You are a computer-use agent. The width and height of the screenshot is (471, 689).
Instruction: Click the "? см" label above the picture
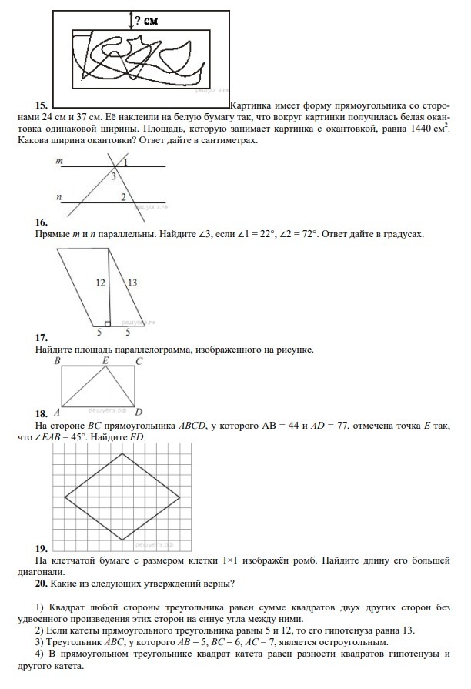click(146, 21)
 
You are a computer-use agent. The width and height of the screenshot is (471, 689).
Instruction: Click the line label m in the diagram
click(59, 162)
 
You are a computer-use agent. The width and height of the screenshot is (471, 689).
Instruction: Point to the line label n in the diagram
click(59, 197)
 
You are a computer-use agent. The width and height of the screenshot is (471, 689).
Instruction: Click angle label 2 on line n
click(122, 198)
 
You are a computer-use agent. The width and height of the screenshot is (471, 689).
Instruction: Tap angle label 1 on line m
click(125, 163)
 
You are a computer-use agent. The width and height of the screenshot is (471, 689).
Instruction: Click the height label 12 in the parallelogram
click(100, 283)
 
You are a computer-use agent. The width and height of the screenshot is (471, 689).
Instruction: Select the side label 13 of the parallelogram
click(132, 283)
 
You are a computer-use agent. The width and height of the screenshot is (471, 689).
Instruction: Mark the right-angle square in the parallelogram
click(108, 323)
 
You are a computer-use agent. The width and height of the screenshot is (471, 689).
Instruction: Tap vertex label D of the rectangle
click(139, 412)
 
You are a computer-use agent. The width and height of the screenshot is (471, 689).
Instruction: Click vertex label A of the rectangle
click(56, 413)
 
